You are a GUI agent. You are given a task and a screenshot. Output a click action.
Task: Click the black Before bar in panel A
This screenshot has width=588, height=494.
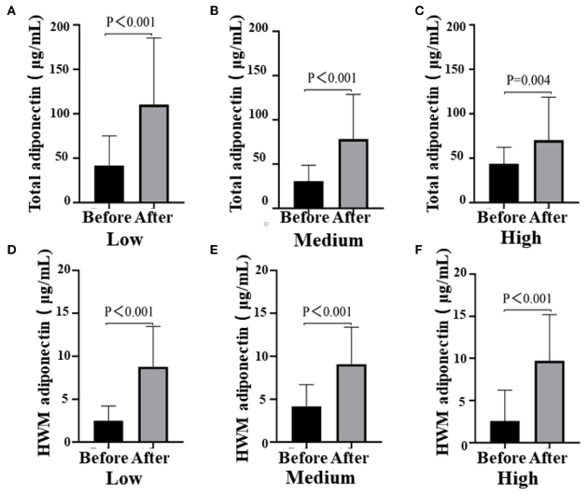[108, 184]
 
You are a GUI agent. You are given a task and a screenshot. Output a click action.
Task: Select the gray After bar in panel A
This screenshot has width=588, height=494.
[154, 153]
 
